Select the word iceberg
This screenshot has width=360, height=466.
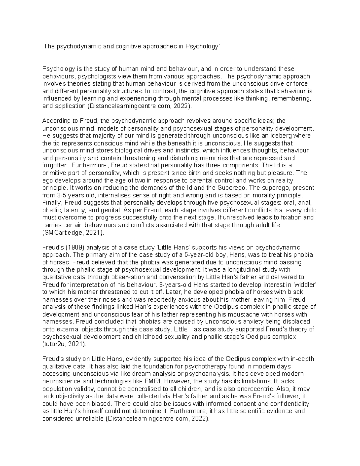coord(280,136)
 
